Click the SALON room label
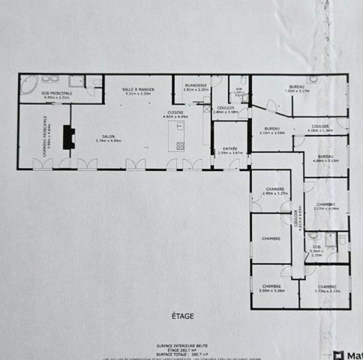pos(109,136)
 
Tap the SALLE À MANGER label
pos(139,89)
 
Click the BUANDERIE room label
pos(196,85)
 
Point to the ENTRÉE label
pos(229,148)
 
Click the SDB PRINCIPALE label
pos(56,93)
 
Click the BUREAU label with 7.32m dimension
pos(297,87)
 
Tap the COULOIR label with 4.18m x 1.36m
pos(319,126)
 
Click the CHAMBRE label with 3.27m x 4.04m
pos(325,204)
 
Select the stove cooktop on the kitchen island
pos(181,145)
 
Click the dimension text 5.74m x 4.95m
pos(109,140)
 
